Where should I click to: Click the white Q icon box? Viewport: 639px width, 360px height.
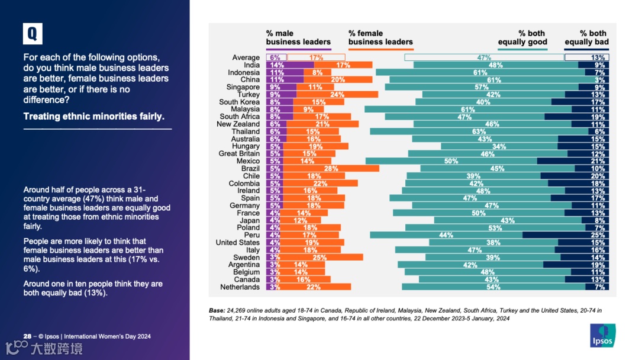[33, 34]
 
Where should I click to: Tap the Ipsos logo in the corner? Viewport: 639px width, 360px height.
[602, 335]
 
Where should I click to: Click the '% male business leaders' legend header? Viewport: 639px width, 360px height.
[298, 38]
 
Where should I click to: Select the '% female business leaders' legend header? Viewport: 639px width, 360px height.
[380, 38]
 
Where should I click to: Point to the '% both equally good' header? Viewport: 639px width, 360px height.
[522, 38]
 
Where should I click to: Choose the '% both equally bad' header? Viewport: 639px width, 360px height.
[587, 38]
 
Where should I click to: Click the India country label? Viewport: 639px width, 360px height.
[251, 65]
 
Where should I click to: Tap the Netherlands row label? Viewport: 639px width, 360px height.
[240, 287]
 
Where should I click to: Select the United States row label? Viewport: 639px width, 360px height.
[237, 243]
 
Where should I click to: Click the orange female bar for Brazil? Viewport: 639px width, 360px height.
[331, 169]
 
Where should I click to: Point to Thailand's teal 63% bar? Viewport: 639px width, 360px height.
[479, 131]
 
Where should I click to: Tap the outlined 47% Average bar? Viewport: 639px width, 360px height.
[484, 57]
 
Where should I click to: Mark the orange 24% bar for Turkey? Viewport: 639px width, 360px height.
[337, 95]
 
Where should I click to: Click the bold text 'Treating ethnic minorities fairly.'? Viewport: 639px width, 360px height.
[94, 117]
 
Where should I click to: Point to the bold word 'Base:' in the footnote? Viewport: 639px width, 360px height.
[217, 310]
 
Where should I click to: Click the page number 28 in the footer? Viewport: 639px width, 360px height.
[27, 336]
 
